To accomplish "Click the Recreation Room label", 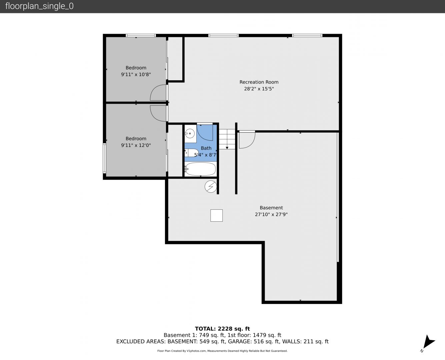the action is click(259, 82).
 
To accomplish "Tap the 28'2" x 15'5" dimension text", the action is click(259, 89).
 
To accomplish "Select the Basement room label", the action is click(271, 208).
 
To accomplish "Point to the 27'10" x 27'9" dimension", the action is click(271, 214).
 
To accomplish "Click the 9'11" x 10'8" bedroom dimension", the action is click(136, 74).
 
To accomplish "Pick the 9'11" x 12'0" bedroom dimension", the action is click(136, 145).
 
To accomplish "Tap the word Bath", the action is click(206, 148).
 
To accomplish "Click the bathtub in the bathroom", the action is click(200, 169).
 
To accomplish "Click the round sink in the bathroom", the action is click(190, 133).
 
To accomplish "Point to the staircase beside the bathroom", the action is click(227, 139).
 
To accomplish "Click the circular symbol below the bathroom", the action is click(211, 186).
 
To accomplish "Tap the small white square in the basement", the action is click(216, 215).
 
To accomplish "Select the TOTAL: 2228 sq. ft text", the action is click(222, 329).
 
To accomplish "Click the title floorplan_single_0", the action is click(39, 6).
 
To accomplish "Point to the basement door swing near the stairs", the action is click(252, 143).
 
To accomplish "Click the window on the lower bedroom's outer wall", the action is click(104, 158).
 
